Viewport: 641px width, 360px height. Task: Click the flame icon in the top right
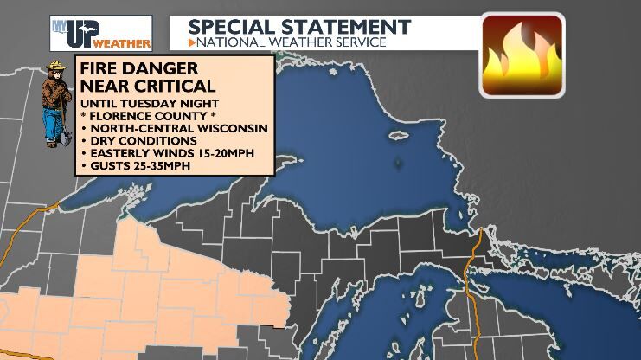[x=522, y=53]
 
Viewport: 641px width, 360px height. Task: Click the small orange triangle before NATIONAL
[x=193, y=42]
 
